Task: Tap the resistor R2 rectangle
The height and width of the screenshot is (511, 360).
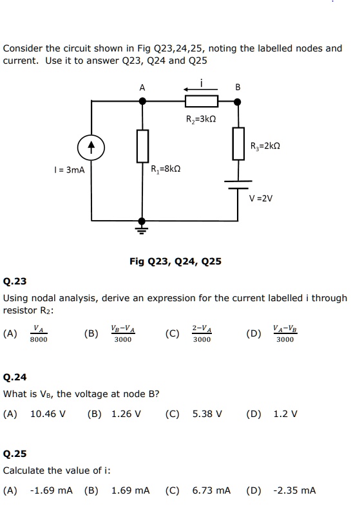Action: (x=202, y=101)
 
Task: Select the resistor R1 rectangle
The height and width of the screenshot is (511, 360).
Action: (x=142, y=145)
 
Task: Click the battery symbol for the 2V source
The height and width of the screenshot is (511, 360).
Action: (x=237, y=185)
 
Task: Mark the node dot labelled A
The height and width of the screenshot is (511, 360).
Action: (x=142, y=101)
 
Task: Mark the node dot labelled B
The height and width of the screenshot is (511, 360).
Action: (x=237, y=101)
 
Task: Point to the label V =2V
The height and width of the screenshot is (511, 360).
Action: (x=262, y=198)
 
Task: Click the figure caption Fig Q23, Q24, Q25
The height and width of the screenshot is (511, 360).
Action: (x=175, y=261)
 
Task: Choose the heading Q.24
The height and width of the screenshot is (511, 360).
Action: (x=15, y=378)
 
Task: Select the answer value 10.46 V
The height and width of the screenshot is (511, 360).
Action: (x=48, y=413)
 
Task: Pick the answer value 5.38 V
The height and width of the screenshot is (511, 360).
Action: (x=207, y=413)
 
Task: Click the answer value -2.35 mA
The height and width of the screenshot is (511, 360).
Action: (x=294, y=490)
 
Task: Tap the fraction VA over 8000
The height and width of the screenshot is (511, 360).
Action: (x=39, y=333)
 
